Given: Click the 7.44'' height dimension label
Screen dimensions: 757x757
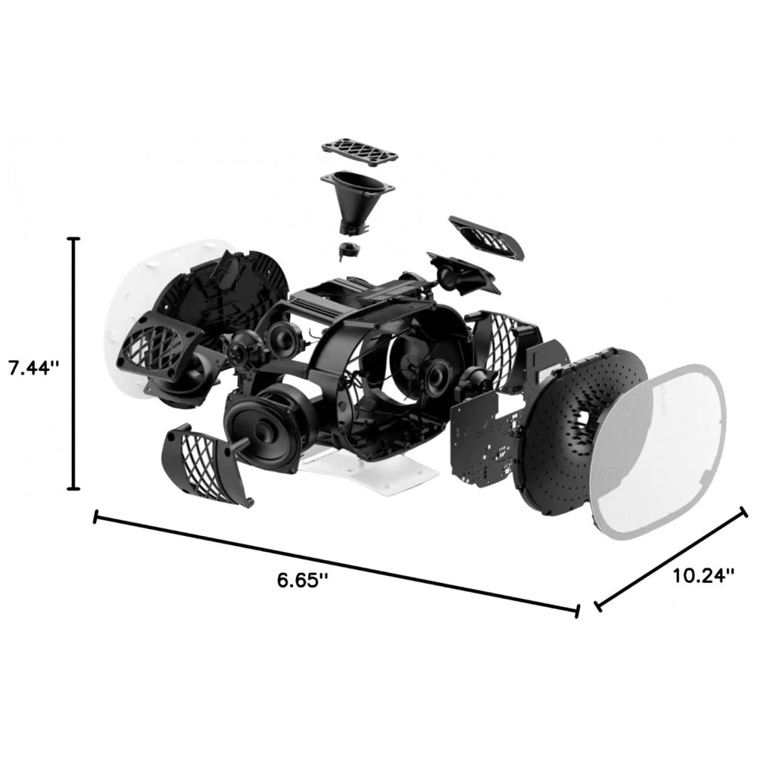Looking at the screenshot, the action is pyautogui.click(x=34, y=369).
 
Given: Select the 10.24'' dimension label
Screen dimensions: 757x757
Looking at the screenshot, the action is pyautogui.click(x=703, y=575).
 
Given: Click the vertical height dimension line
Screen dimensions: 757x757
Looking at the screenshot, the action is pyautogui.click(x=73, y=363).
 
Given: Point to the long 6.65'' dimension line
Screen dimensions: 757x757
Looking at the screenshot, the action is pyautogui.click(x=336, y=563).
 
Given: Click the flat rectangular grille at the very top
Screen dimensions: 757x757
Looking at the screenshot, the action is pyautogui.click(x=360, y=151).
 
